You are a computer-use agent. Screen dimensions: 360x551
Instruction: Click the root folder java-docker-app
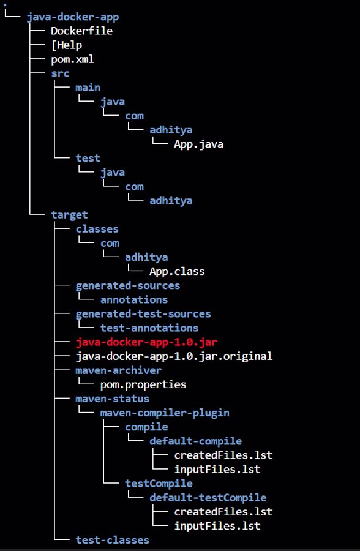click(x=73, y=17)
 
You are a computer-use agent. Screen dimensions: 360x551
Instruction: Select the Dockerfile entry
click(x=82, y=31)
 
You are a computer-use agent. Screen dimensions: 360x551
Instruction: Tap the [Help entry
click(x=67, y=45)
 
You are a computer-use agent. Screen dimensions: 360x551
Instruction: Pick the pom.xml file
click(x=72, y=59)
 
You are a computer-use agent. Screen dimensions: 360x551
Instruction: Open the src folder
click(x=60, y=73)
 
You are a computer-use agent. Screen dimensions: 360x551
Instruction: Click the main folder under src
click(x=88, y=88)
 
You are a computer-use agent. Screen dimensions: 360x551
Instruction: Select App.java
click(x=198, y=144)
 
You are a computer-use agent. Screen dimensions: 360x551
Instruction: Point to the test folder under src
click(x=88, y=158)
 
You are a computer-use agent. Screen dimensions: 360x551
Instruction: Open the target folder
click(x=69, y=215)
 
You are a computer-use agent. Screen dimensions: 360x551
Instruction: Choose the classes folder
click(x=97, y=229)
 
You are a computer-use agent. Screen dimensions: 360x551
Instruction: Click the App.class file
click(x=177, y=271)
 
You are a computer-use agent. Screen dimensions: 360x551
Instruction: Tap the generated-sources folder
click(x=127, y=286)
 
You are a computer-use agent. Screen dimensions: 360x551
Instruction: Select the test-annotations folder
click(x=149, y=328)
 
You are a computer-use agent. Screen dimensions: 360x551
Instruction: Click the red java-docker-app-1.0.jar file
click(x=146, y=342)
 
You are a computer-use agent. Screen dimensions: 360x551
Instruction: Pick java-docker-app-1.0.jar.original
click(x=174, y=356)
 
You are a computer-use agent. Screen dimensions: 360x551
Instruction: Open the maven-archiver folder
click(x=119, y=370)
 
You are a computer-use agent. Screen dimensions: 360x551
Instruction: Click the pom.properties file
click(x=143, y=385)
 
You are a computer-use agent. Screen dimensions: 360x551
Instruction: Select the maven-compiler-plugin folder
click(x=165, y=413)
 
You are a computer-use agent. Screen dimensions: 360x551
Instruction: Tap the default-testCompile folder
click(x=208, y=498)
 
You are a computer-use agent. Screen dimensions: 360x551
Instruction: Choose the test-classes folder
click(x=113, y=540)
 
